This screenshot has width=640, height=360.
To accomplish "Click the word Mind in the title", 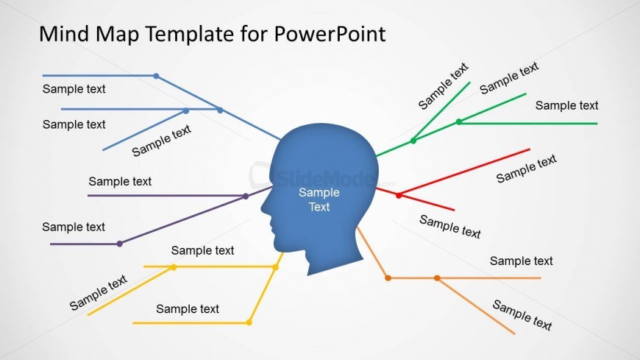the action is pyautogui.click(x=64, y=34).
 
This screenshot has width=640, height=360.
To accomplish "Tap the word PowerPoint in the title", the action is pyautogui.click(x=330, y=34).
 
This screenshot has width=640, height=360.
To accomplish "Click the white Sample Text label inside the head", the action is pyautogui.click(x=319, y=200).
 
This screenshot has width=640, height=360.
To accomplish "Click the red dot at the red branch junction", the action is pyautogui.click(x=399, y=195).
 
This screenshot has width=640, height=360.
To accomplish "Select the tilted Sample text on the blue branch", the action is pyautogui.click(x=161, y=141).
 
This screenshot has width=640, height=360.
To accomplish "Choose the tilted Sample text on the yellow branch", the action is pyautogui.click(x=99, y=292).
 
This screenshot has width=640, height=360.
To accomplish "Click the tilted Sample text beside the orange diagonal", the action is pyautogui.click(x=522, y=314).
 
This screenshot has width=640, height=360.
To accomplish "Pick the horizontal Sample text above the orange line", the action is pyautogui.click(x=522, y=261).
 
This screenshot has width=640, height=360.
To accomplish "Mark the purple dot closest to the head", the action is pyautogui.click(x=246, y=196).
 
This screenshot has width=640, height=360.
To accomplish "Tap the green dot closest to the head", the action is pyautogui.click(x=413, y=141).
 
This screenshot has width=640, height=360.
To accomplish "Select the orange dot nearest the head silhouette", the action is pyautogui.click(x=388, y=278).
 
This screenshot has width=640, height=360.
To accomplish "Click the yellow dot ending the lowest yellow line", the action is pyautogui.click(x=249, y=322).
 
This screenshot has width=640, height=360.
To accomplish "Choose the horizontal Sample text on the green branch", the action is pyautogui.click(x=566, y=105).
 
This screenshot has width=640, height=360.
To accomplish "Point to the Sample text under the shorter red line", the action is pyautogui.click(x=450, y=227).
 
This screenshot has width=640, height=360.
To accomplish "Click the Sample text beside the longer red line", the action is pyautogui.click(x=527, y=169).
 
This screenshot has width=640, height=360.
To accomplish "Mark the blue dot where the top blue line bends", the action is pyautogui.click(x=157, y=76).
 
